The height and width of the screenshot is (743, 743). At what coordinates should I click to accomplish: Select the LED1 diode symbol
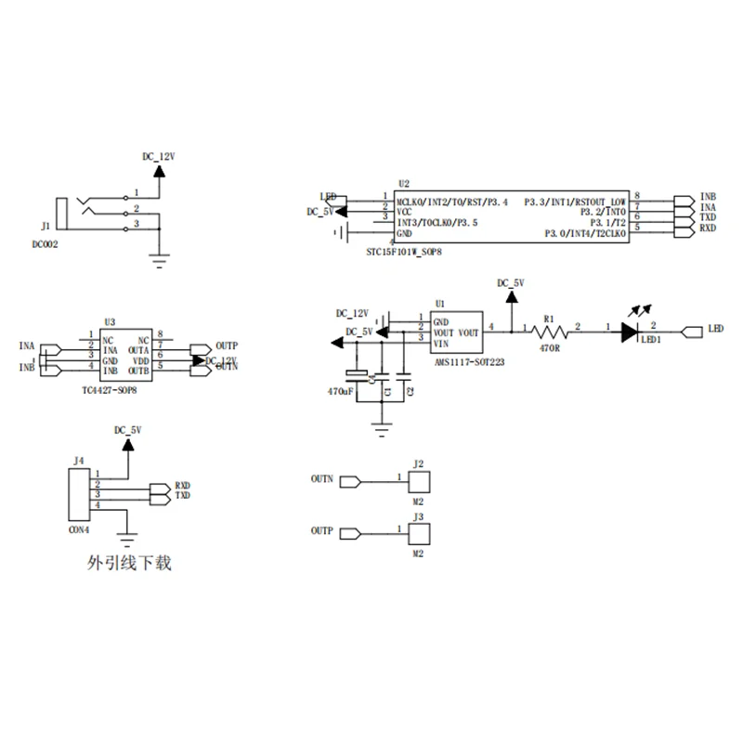tap(631, 331)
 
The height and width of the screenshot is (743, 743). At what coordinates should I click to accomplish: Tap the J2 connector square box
tap(418, 482)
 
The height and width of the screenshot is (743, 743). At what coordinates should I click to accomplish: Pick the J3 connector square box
tap(418, 534)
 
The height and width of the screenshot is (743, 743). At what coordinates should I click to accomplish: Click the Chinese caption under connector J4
tap(129, 562)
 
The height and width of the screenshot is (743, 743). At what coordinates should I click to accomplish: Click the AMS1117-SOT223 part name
tap(470, 363)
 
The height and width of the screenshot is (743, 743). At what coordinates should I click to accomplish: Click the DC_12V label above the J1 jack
tap(158, 157)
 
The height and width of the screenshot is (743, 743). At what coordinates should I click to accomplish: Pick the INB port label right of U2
tap(709, 198)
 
